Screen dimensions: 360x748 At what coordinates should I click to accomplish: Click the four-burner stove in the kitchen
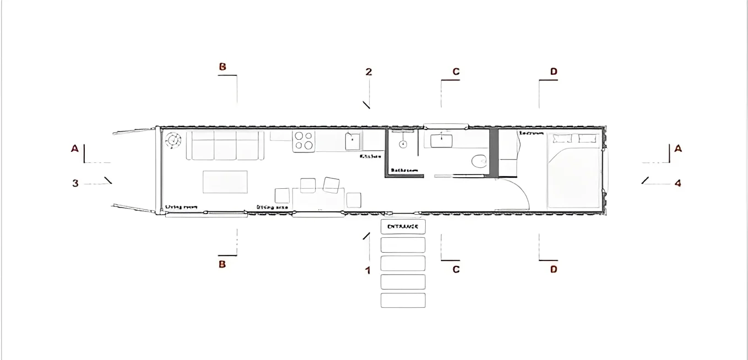point(303,141)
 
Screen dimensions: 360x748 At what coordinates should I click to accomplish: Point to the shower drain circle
point(403,144)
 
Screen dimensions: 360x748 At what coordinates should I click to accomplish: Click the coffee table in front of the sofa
point(225,182)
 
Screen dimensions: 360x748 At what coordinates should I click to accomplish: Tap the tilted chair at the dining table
point(331,185)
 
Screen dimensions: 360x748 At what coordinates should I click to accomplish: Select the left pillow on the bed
point(563,139)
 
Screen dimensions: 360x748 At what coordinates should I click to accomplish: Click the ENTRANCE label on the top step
point(403,226)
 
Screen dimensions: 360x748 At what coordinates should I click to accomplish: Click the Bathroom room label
point(404,171)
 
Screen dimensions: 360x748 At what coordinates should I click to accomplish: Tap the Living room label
point(181,207)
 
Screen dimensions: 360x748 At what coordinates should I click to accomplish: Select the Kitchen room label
point(370,156)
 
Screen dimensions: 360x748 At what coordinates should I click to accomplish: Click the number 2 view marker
point(368,72)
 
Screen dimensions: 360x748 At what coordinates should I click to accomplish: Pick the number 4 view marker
point(677,183)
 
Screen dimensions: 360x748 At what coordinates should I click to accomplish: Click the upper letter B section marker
point(223,67)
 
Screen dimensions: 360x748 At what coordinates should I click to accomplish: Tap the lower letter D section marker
point(554,269)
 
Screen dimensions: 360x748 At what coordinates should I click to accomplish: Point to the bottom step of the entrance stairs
point(403,300)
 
